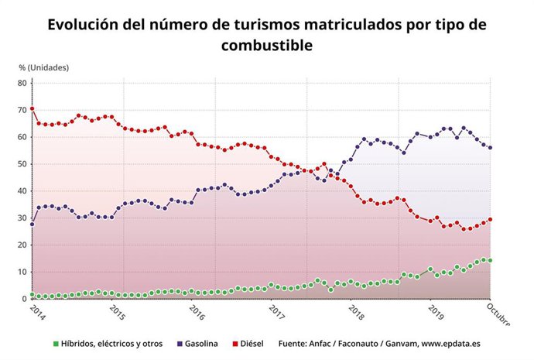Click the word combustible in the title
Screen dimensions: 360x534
[x=266, y=46]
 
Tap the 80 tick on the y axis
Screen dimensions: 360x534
[x=22, y=83]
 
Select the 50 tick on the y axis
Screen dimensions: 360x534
[x=22, y=164]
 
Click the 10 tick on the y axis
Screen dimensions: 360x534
[x=22, y=272]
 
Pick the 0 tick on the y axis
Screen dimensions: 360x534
[x=23, y=299]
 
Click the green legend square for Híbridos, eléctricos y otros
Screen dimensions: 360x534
[x=55, y=343]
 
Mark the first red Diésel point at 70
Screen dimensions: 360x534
[x=32, y=108]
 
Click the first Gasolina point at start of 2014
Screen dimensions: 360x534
[x=32, y=224]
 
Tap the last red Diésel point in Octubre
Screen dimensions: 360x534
[x=490, y=219]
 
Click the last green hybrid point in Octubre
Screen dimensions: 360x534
[x=490, y=260]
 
